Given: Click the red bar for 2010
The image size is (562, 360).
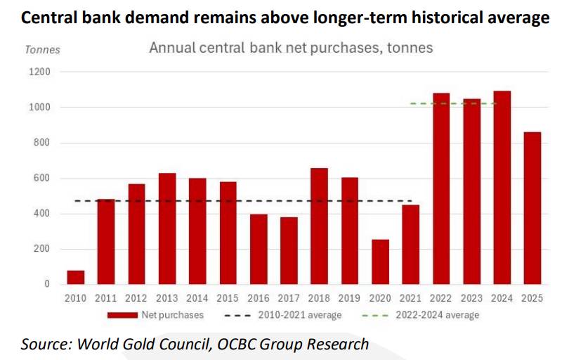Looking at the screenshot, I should (76, 277).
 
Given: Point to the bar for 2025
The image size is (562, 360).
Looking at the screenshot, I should (532, 207).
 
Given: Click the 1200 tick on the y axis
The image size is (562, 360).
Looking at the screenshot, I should (40, 72).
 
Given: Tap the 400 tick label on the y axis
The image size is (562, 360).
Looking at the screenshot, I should (43, 214).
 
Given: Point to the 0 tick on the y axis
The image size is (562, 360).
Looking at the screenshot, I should (47, 284).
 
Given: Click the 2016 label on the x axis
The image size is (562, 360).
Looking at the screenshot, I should (258, 297).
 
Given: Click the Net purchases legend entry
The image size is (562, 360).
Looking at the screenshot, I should (155, 315).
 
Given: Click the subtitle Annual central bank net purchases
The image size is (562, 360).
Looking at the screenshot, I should (291, 49).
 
